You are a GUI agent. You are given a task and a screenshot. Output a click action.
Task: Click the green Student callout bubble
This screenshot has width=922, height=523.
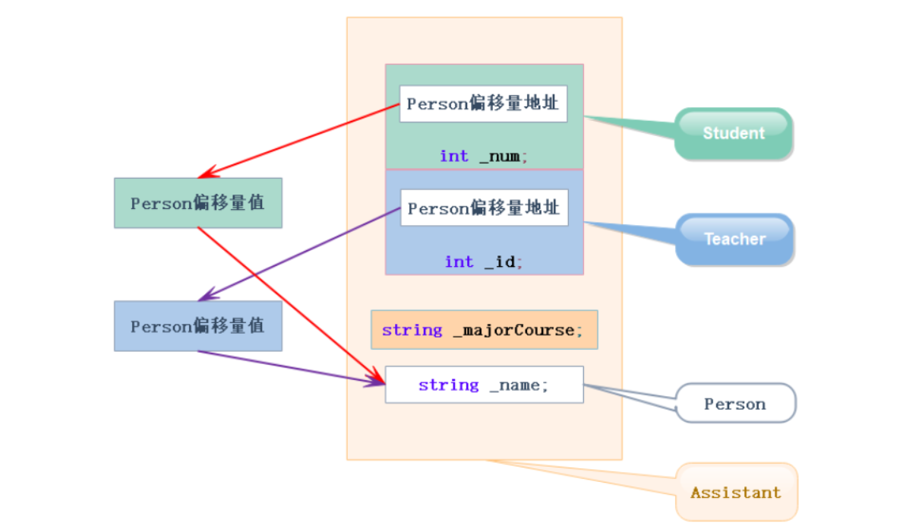tap(734, 134)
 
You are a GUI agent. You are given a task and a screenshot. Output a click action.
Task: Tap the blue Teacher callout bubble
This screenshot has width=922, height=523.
tap(734, 239)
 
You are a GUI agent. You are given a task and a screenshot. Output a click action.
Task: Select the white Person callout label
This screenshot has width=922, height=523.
tap(735, 404)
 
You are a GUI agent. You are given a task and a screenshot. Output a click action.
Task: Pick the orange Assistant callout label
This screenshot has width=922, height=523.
tap(736, 492)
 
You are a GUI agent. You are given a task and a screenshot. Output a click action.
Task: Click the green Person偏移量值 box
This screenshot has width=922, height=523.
tap(197, 203)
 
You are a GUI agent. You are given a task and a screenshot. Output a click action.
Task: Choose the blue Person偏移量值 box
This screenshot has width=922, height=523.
tap(197, 326)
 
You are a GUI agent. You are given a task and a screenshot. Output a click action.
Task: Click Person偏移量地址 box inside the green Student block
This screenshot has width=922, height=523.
tap(483, 103)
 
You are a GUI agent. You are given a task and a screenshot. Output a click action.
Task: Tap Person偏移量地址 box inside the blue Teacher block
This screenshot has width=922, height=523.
tap(484, 208)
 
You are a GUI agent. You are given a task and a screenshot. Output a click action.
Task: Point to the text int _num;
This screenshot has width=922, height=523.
tap(484, 156)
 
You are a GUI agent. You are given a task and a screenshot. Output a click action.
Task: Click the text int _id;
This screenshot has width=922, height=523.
tap(484, 261)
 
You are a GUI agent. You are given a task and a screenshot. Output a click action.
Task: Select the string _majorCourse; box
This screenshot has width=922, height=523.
tap(484, 330)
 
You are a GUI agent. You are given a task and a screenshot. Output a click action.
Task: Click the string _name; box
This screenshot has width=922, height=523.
tap(484, 385)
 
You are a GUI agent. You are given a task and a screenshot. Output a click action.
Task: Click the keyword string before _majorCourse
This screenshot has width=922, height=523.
tap(412, 330)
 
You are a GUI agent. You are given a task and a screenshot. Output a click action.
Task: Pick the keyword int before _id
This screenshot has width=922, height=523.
tap(459, 261)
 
